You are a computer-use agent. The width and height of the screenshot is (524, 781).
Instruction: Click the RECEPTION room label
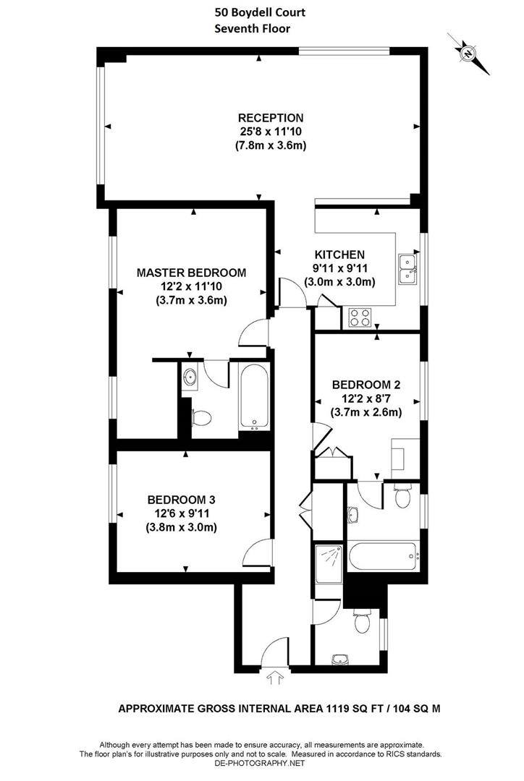click(271, 118)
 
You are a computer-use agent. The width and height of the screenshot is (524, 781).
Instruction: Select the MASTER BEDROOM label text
click(192, 273)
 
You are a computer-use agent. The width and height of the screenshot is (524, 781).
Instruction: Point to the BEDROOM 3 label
click(181, 499)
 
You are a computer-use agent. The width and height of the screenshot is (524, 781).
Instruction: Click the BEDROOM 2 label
click(366, 385)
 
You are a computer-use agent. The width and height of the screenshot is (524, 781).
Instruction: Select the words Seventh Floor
click(253, 29)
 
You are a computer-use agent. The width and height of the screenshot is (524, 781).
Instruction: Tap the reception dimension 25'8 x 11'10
click(271, 132)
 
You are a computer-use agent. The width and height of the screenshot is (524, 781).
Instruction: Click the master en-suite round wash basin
click(190, 376)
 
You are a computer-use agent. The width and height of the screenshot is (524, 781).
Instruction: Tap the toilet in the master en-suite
click(202, 417)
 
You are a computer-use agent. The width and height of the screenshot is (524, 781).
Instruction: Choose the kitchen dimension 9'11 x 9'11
click(344, 268)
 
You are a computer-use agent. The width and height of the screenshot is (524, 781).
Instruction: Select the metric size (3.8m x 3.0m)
click(181, 527)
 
